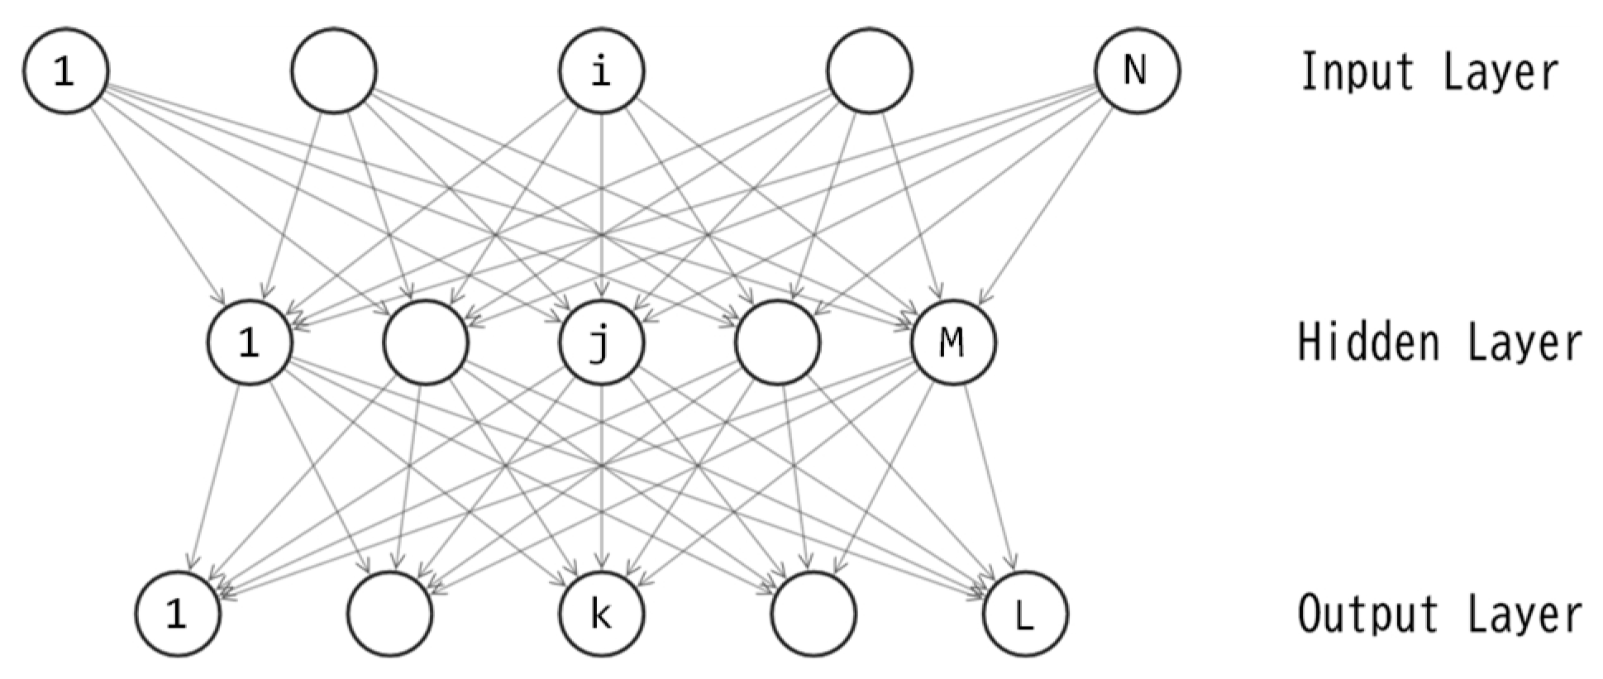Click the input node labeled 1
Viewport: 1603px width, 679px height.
point(64,70)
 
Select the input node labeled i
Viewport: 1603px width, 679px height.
point(601,70)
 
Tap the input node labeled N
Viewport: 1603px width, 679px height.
point(1137,70)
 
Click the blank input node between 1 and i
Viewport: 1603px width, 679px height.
point(333,70)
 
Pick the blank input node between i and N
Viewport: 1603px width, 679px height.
point(869,70)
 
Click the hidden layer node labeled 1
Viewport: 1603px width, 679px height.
point(249,342)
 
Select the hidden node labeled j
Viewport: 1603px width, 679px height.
point(601,342)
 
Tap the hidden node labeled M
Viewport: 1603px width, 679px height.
point(952,342)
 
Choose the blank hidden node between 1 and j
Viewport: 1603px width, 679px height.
point(426,342)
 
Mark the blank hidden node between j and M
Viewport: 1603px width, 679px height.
point(777,342)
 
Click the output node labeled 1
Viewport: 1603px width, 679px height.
point(178,614)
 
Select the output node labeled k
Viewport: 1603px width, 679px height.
point(601,614)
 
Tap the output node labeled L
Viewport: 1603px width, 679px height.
point(1024,614)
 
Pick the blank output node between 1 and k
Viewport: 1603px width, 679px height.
point(389,614)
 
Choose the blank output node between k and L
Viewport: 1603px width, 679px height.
point(813,614)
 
